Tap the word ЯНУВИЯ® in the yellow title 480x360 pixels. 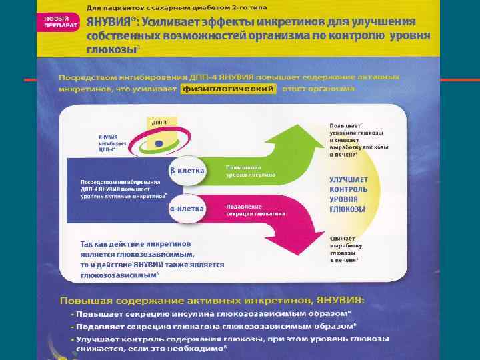tap(110, 21)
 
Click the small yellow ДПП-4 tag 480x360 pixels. tap(159, 123)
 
